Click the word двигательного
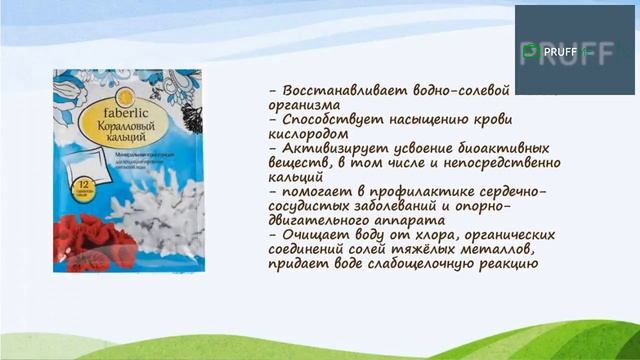pos(322,220)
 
